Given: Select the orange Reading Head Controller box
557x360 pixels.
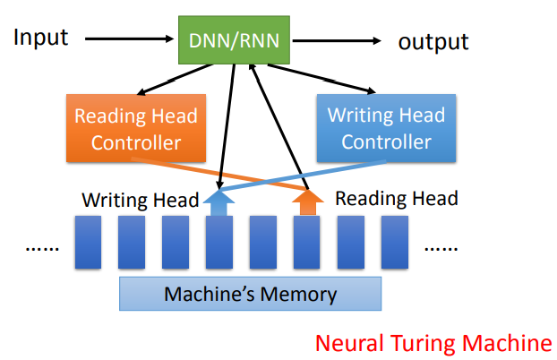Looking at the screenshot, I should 136,129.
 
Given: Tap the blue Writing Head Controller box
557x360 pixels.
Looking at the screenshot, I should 386,129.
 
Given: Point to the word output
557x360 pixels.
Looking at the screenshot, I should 433,42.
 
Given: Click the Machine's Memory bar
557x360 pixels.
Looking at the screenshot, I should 250,294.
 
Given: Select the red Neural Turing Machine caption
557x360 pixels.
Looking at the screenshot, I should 433,342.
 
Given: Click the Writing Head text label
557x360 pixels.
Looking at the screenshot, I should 140,200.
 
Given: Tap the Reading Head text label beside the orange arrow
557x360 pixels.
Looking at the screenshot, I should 397,198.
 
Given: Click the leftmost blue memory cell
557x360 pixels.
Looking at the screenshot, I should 87,243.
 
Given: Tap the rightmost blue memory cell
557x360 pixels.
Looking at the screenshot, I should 394,243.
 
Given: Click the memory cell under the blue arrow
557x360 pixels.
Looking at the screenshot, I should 219,243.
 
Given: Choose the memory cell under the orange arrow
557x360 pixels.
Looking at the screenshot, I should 306,243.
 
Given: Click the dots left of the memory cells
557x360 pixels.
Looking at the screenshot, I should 42,248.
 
